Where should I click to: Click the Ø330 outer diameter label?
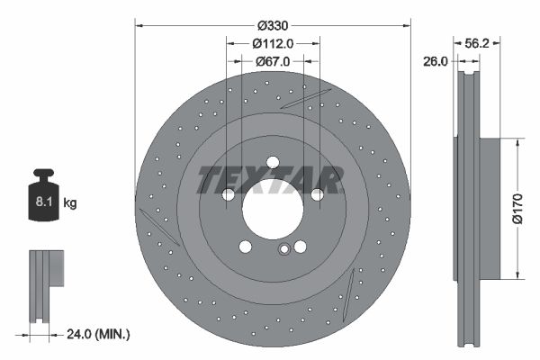point(273,26)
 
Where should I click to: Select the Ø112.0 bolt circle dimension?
point(273,43)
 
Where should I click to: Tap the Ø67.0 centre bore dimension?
point(273,61)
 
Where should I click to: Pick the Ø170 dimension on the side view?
point(517,206)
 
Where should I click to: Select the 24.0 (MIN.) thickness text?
point(98,334)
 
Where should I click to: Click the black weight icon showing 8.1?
point(43,192)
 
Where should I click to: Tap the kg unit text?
point(70,203)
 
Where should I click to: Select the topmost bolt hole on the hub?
point(272,163)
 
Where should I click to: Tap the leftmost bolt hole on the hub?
point(229,194)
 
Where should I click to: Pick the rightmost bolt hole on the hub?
point(316,194)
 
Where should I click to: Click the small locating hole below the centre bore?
point(283,250)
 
